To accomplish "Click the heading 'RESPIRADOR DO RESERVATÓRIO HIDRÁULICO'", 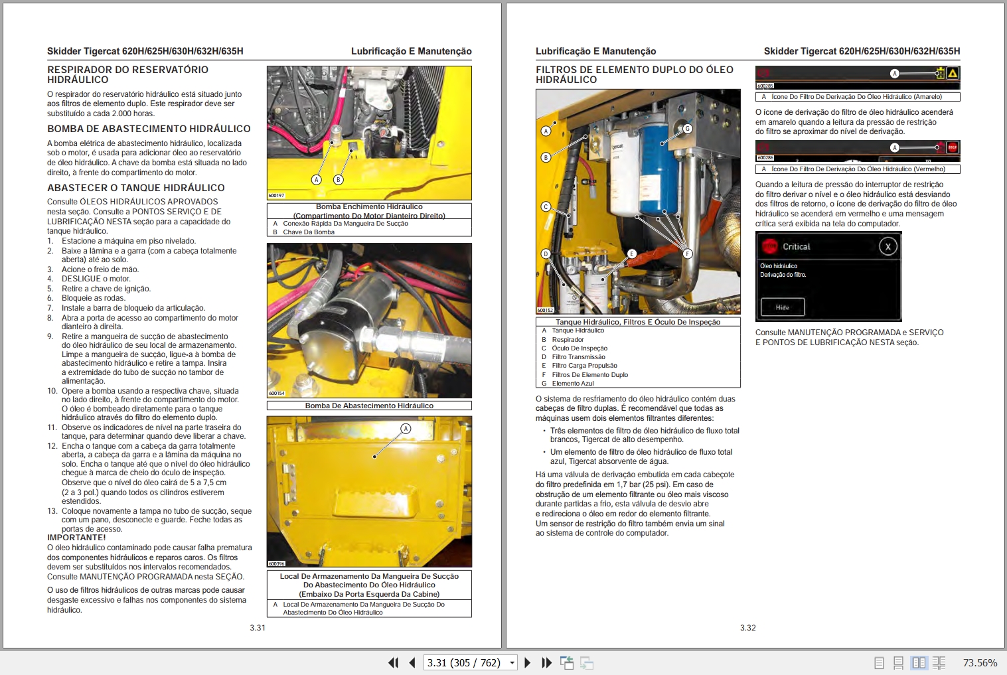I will pos(127,74).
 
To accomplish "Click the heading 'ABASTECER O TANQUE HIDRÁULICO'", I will pos(135,188).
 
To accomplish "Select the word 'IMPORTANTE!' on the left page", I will pos(76,538).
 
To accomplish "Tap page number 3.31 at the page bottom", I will pos(258,628).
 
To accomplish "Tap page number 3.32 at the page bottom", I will pos(747,628).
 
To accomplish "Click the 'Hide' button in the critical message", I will pos(783,307).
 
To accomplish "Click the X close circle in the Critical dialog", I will pos(888,247).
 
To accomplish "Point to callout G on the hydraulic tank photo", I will pos(687,129).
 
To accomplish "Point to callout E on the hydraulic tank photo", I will pos(631,254).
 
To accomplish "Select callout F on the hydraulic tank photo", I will pos(687,254).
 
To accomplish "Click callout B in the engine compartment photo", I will pos(339,179).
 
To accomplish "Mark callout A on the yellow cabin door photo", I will pos(406,429).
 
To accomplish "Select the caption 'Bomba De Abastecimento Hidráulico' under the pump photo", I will pos(369,406).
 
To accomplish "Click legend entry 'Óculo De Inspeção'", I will pos(579,348).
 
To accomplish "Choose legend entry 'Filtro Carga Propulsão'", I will pos(584,366).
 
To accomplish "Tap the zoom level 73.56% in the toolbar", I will pos(980,662).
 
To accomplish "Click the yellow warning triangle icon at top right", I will pos(953,74).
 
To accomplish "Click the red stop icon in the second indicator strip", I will pos(953,147).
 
